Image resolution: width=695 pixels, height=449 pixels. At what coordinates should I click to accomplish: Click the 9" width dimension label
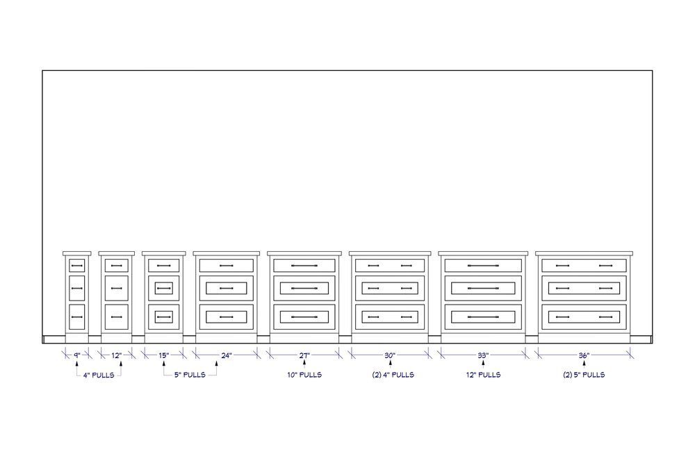click(77, 355)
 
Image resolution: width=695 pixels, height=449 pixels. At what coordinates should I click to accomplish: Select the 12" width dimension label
click(117, 355)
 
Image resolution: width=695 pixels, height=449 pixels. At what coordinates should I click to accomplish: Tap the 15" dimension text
click(163, 355)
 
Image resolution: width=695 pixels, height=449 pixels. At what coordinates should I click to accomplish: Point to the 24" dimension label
click(227, 355)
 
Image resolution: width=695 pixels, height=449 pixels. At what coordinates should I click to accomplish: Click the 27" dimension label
click(304, 355)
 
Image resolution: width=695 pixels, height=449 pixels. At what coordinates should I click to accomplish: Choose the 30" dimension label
click(390, 355)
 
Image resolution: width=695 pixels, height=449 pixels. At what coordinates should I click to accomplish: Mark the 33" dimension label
click(483, 355)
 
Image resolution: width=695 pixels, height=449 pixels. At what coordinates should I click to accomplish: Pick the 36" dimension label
click(584, 355)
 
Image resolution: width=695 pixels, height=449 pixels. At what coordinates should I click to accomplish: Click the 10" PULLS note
click(304, 375)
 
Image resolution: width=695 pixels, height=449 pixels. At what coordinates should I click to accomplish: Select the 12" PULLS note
click(483, 375)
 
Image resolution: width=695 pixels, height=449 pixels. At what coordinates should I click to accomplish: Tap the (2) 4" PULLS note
click(390, 375)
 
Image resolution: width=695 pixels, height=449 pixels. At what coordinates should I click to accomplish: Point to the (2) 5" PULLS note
click(584, 375)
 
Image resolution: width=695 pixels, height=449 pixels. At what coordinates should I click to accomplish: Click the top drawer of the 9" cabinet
click(77, 265)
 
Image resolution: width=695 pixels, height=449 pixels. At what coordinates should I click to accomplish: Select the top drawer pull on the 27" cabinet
click(304, 265)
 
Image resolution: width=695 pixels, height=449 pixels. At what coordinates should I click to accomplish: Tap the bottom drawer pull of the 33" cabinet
click(483, 316)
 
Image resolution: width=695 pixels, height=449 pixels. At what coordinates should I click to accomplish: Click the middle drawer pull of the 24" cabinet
click(227, 288)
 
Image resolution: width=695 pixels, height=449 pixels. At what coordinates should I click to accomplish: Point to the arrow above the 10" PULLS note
click(304, 364)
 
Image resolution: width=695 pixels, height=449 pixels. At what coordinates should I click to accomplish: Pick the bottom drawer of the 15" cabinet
click(163, 316)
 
